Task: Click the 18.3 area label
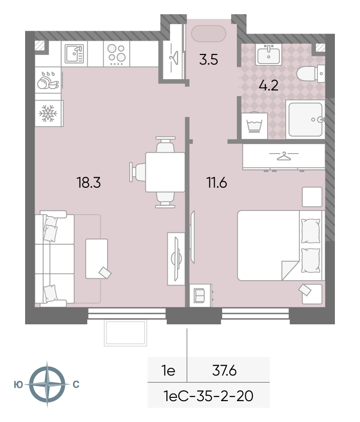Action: [x=89, y=183]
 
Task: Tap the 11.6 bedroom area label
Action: [x=216, y=183]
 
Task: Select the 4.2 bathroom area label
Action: [x=268, y=85]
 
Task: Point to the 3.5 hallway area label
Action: [x=208, y=59]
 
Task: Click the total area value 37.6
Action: [x=224, y=370]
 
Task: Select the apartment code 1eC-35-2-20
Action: [x=208, y=395]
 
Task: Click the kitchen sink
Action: [x=74, y=54]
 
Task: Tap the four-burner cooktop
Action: [x=117, y=54]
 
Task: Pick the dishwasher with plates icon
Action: [x=48, y=80]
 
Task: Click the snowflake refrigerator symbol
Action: [x=48, y=113]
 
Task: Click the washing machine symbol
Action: [x=254, y=126]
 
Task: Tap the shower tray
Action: [x=305, y=119]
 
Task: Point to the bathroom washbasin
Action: [x=269, y=55]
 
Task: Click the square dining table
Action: [x=165, y=172]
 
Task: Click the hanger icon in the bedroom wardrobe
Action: [x=284, y=156]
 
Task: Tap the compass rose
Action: [x=47, y=384]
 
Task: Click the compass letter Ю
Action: [x=18, y=385]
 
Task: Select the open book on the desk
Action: [x=199, y=295]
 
